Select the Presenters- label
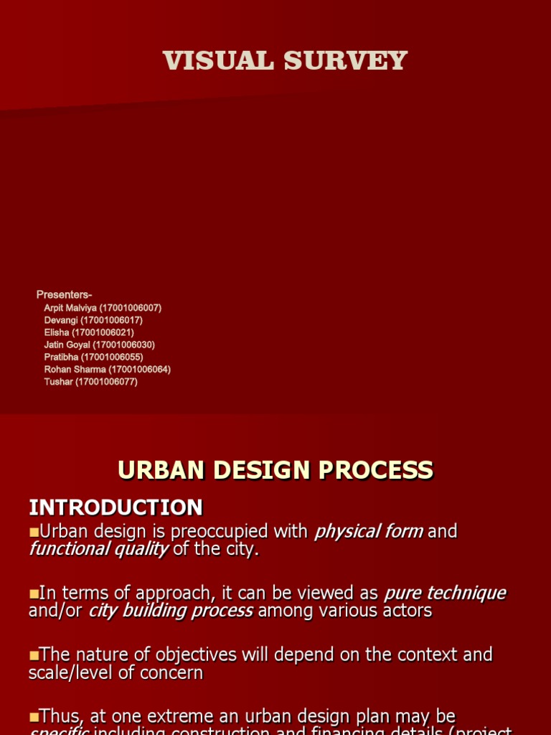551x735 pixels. (x=65, y=295)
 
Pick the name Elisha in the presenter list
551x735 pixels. (x=57, y=332)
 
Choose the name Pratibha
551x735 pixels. (x=61, y=357)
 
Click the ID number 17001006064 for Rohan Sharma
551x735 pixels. (x=139, y=369)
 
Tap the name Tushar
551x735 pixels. (x=58, y=381)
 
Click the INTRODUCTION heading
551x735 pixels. (x=116, y=507)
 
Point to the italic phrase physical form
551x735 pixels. (x=368, y=532)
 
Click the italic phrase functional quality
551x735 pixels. (x=99, y=549)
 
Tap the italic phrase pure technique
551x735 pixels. (x=445, y=594)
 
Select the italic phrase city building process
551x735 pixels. (x=171, y=611)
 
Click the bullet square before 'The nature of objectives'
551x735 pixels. (x=34, y=655)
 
